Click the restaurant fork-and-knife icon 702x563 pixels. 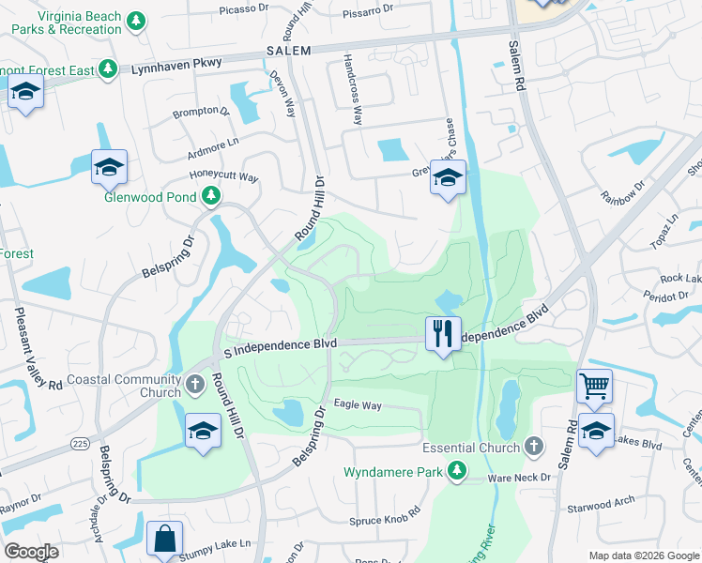[443, 333]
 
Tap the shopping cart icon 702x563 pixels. [594, 385]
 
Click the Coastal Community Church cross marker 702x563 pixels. [195, 385]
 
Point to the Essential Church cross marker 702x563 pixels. [534, 447]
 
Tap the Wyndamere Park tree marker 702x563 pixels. [457, 470]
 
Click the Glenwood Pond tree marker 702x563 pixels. [212, 195]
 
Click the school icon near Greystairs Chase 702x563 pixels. [448, 177]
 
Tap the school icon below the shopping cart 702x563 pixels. [596, 431]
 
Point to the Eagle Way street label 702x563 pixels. [358, 405]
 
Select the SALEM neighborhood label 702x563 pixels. [288, 50]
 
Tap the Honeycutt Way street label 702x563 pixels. [223, 175]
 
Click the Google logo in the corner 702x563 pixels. [32, 552]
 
